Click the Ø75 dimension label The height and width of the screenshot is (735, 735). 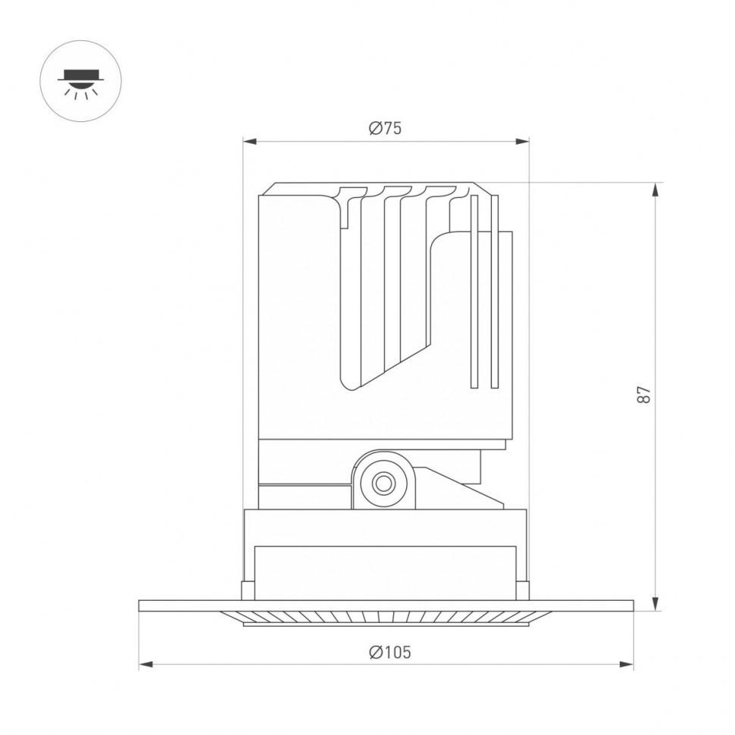point(385,128)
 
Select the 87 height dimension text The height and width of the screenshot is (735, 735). point(643,396)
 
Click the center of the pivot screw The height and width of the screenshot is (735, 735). point(383,483)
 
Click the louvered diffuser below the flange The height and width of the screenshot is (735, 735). point(385,618)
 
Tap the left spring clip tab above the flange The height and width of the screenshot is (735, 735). point(248,590)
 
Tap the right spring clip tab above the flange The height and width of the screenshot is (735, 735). point(523,590)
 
